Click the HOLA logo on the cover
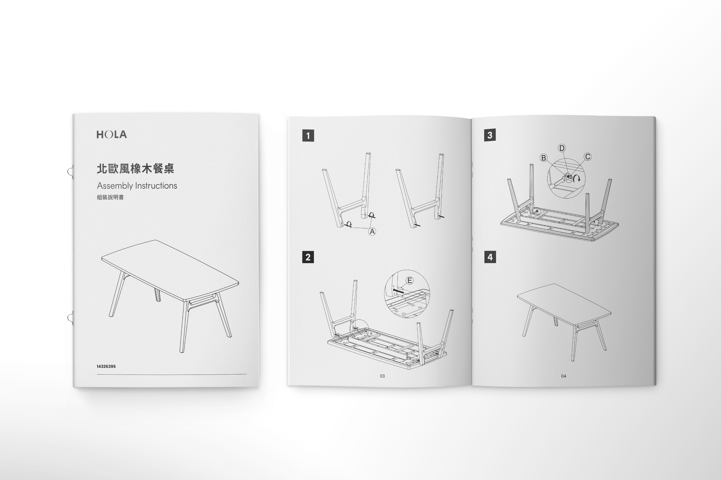(x=112, y=134)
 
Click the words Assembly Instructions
(x=137, y=185)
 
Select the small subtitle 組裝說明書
(x=110, y=197)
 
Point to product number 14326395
(x=106, y=366)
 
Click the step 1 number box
(x=308, y=136)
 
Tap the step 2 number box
(x=308, y=257)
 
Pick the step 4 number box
(x=490, y=257)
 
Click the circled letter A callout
(x=372, y=232)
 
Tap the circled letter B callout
(x=544, y=158)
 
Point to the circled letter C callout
(x=588, y=157)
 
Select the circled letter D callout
(x=562, y=148)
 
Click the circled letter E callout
(x=410, y=280)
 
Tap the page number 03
(x=382, y=376)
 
